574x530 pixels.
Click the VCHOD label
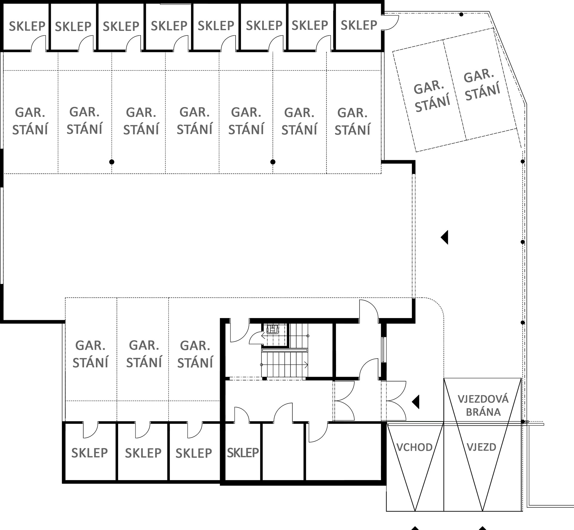414,447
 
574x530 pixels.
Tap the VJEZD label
481,447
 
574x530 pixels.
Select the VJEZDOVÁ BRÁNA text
483,405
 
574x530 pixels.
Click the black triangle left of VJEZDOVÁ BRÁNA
416,402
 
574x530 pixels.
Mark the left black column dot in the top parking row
112,162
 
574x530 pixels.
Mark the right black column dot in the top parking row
273,162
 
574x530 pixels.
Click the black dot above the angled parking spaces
461,14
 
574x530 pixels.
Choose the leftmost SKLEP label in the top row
27,26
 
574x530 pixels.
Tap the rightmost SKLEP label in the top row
359,25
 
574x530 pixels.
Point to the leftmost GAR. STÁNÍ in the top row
30,121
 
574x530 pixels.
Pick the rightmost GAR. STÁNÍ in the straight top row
352,121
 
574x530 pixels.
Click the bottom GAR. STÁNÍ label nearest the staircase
195,354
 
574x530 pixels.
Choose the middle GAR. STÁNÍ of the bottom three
144,354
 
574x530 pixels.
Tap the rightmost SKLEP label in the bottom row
243,453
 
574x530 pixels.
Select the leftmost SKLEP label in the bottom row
89,453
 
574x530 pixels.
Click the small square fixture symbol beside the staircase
272,329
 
